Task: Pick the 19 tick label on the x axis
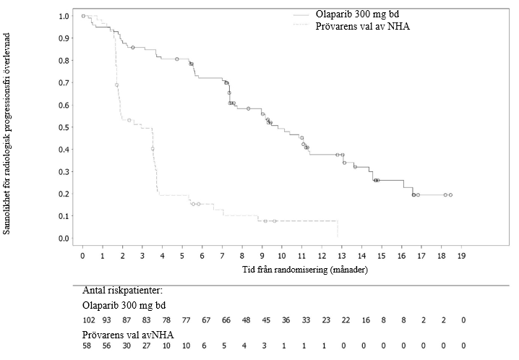coord(462,256)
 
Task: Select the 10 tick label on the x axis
coord(283,256)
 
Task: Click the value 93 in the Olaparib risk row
coord(106,319)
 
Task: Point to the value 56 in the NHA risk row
coord(106,346)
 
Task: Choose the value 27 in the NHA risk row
coord(147,346)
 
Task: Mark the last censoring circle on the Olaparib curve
coord(450,195)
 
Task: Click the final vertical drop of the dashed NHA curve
coord(338,228)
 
